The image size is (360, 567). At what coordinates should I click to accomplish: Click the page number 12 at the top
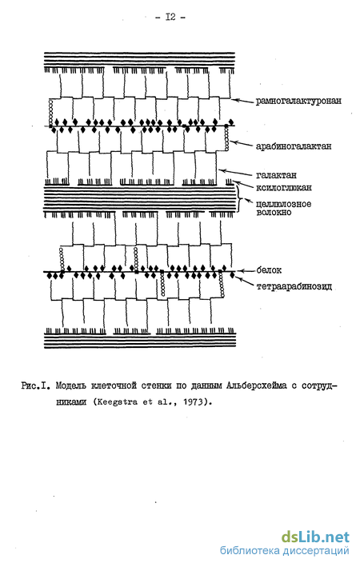coord(170,17)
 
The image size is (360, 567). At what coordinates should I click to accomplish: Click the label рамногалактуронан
coord(298,101)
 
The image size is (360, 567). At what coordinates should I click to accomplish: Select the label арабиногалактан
coord(294,146)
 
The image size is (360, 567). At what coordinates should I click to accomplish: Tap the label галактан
coord(276,175)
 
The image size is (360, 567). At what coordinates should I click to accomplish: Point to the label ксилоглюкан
coord(284,188)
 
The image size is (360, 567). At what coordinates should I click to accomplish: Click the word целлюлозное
coord(284,204)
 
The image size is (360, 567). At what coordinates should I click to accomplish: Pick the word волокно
coord(274,212)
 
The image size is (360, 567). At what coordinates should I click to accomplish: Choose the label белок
coord(269,270)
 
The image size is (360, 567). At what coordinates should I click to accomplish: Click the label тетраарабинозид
coord(294,287)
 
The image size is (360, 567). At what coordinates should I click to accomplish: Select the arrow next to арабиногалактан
coord(242,144)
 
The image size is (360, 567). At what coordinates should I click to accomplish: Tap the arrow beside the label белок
coord(246,271)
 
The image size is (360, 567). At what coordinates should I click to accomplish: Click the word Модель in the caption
coord(71,385)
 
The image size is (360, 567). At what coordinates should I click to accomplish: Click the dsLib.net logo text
coord(315,537)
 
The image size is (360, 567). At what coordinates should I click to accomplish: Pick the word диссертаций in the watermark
coord(316,551)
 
